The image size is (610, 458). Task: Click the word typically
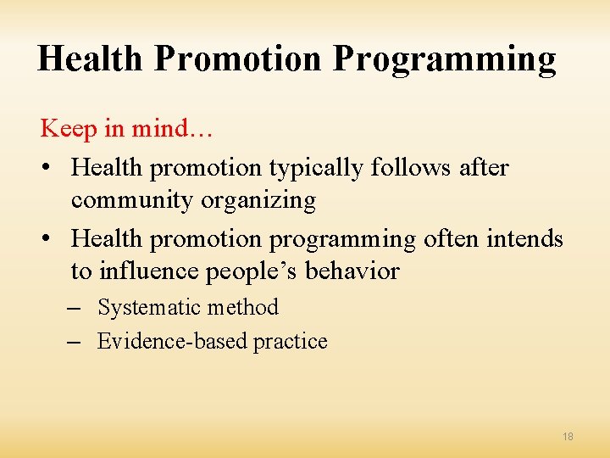click(317, 169)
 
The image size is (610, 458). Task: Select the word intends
click(525, 239)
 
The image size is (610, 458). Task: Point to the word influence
click(144, 271)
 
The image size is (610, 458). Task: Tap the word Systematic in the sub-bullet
click(147, 307)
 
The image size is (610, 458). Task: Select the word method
click(240, 307)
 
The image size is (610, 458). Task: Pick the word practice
click(291, 342)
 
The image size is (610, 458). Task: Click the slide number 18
click(568, 436)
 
